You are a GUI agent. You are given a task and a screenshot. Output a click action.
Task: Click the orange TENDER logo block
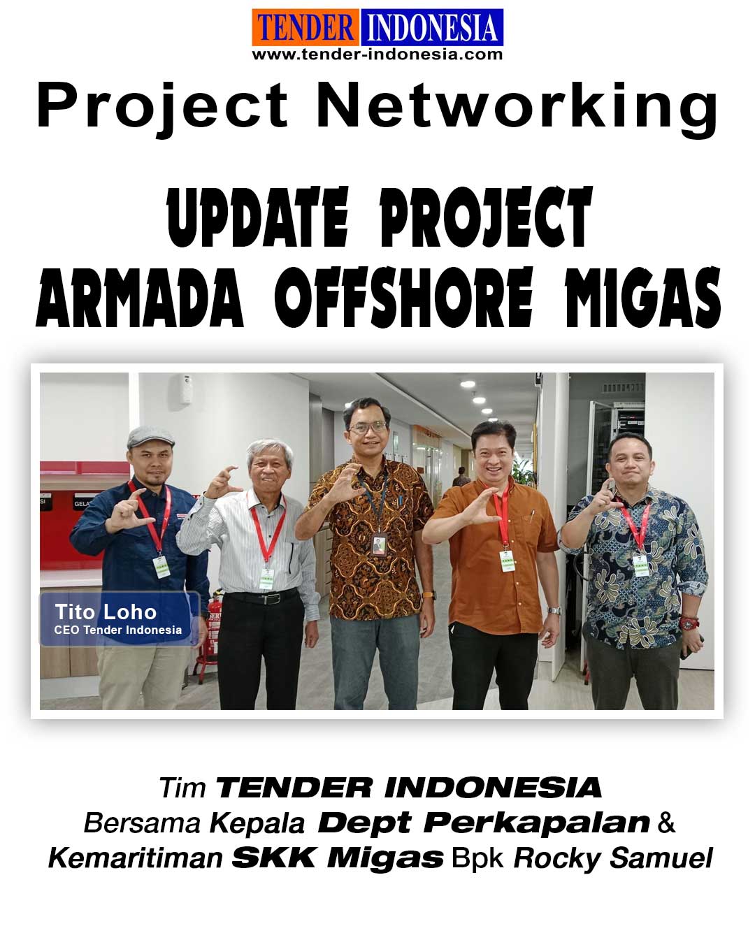[x=305, y=27]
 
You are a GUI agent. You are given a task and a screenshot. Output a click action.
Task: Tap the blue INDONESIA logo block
[x=432, y=27]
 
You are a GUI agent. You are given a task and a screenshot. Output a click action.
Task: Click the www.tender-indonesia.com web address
[x=377, y=55]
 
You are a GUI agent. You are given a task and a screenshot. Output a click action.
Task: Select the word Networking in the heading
[x=518, y=108]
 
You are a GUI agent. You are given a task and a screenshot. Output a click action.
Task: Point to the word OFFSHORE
[x=403, y=298]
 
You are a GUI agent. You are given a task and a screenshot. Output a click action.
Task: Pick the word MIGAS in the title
[x=642, y=298]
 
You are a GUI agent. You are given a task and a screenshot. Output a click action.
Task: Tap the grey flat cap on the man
[x=150, y=436]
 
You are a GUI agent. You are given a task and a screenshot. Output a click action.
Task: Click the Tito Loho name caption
[x=106, y=612]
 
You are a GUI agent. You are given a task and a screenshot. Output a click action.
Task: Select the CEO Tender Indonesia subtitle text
[x=118, y=630]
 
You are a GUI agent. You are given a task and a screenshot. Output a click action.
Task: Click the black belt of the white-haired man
[x=261, y=597]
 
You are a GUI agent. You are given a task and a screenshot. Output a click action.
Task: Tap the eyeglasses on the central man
[x=367, y=427]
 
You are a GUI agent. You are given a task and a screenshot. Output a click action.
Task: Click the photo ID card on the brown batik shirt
[x=378, y=545]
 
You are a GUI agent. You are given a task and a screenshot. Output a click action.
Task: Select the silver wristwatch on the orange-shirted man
[x=554, y=610]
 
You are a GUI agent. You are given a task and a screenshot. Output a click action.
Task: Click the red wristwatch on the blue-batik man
[x=689, y=623]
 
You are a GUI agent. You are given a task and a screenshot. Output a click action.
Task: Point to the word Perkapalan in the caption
[x=537, y=822]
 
